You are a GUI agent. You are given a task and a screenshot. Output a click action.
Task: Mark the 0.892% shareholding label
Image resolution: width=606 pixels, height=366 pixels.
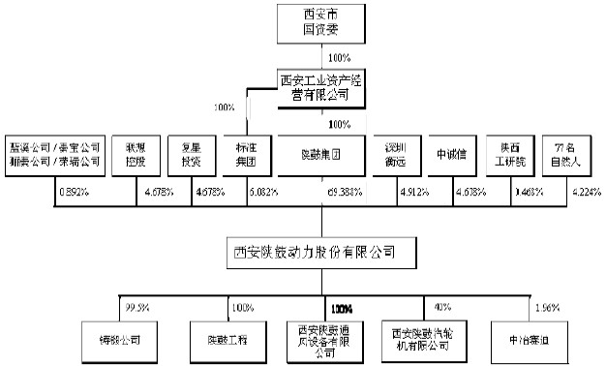click(x=74, y=193)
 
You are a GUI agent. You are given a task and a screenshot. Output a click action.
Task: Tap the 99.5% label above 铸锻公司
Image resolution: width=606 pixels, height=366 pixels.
click(x=136, y=307)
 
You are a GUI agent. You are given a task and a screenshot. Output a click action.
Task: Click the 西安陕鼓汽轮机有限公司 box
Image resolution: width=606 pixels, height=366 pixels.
click(x=421, y=340)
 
